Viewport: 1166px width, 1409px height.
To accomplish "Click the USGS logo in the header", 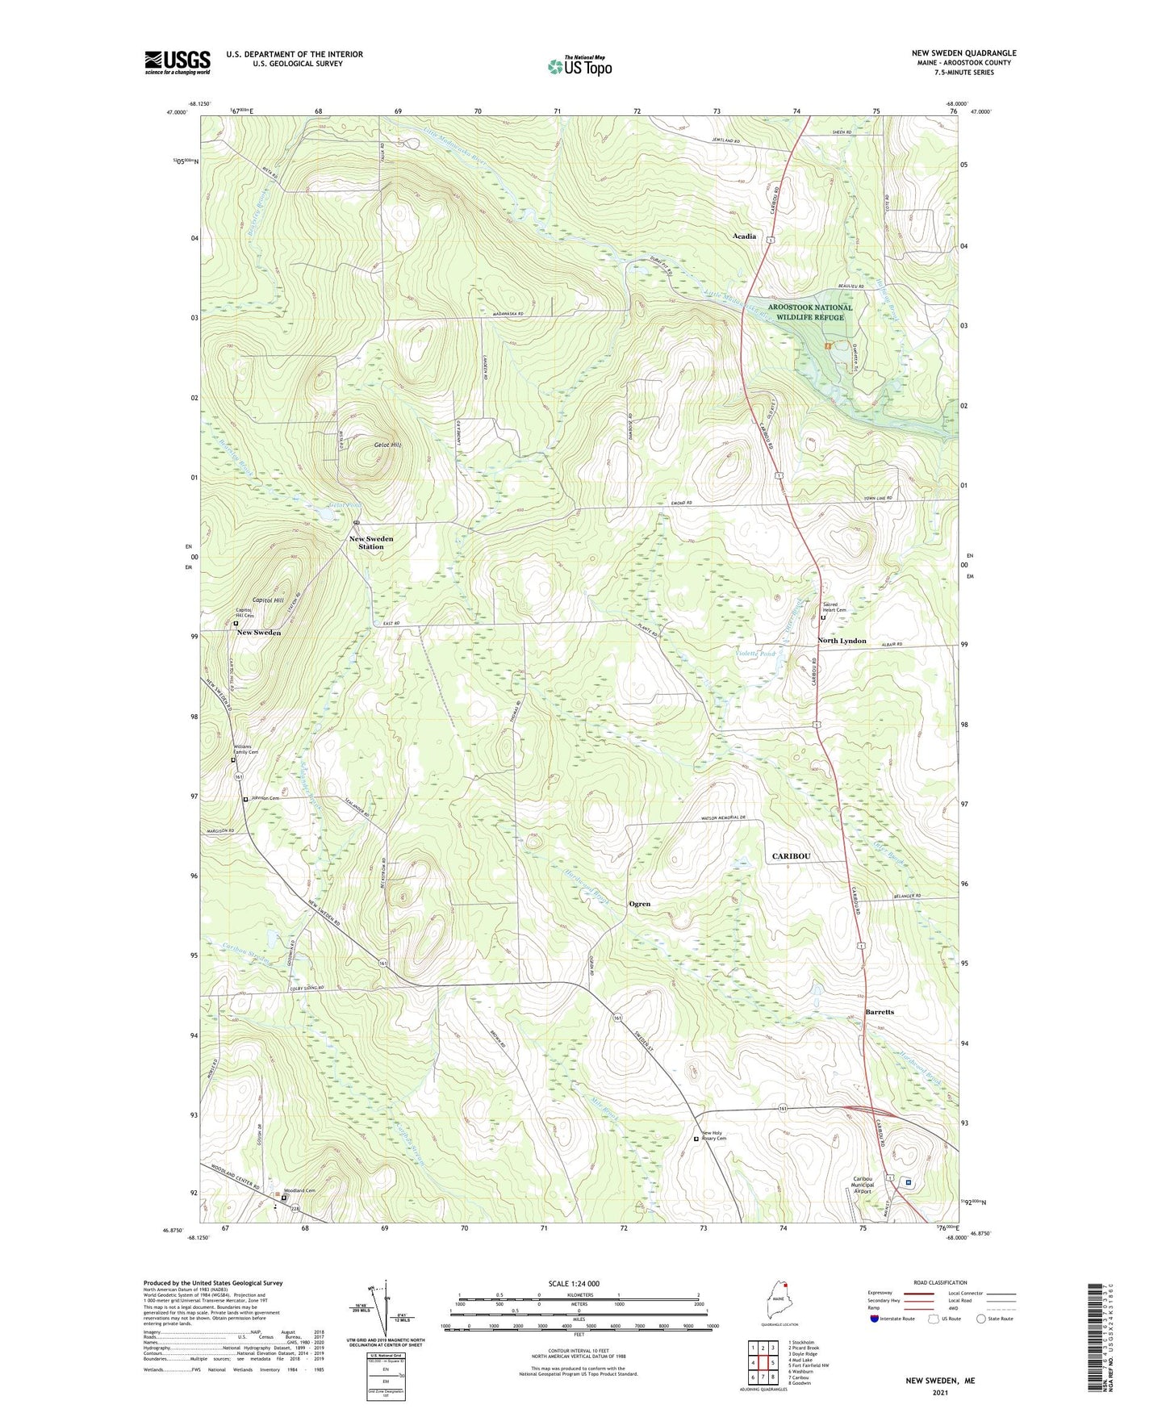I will (x=178, y=62).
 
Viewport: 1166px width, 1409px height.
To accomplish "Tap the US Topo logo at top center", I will (x=579, y=65).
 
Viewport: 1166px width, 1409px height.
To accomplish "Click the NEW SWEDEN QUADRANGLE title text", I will (x=963, y=53).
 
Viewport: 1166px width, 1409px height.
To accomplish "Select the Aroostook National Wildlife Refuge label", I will (x=809, y=312).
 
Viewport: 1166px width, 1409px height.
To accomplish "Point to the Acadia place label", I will (x=744, y=236).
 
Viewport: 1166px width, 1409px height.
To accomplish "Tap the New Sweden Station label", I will (x=371, y=542).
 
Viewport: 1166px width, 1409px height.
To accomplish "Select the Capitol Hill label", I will (x=268, y=600).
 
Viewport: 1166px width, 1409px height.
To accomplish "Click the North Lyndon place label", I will (x=842, y=641).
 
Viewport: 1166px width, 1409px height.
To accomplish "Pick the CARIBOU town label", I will (x=791, y=855).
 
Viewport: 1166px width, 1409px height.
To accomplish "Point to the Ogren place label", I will (x=639, y=904).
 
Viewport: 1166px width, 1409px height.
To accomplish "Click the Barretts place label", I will (x=880, y=1012).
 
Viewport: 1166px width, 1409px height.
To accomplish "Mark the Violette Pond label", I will (x=756, y=654).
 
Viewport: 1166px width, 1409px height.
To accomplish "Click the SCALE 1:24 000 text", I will (x=574, y=1284).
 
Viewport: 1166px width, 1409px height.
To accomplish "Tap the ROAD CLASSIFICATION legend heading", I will (x=940, y=1282).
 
